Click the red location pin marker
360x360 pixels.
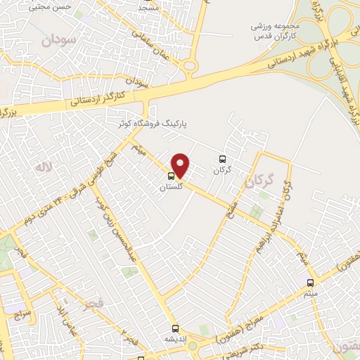[181, 166]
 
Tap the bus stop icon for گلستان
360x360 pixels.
[172, 177]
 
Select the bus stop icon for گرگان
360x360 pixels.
[223, 160]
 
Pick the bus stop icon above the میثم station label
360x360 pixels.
[311, 283]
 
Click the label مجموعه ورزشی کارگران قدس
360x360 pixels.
[281, 28]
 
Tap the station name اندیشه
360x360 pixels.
[175, 338]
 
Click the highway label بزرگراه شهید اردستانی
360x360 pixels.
[281, 60]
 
